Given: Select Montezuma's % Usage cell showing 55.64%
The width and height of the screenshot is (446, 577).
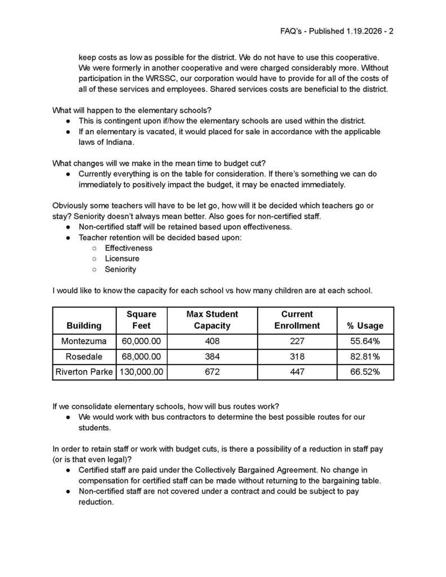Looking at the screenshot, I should tap(365, 341).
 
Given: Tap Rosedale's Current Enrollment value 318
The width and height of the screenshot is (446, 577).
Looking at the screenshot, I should tap(297, 357).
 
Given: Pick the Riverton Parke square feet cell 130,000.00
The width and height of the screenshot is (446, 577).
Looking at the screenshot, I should tap(141, 372).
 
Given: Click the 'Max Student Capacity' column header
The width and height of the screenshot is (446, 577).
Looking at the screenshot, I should tap(212, 319).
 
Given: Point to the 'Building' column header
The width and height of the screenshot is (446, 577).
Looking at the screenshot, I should tap(84, 326).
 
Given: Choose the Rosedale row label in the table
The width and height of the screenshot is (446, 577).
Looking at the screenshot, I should tap(84, 357).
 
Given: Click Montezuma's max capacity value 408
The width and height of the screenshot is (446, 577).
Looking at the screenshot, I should tap(212, 341).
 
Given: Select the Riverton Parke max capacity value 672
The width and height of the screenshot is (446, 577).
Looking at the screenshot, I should tap(212, 372).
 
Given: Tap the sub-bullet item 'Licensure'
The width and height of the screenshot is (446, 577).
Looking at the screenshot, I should tap(122, 259).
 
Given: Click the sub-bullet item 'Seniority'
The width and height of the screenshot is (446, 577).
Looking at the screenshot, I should tap(120, 269).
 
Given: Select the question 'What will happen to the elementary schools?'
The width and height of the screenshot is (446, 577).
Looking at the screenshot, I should tap(132, 110).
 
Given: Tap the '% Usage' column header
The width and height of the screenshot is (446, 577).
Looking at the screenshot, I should tap(365, 326).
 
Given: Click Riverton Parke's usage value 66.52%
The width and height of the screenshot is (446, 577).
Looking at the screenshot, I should tap(365, 372).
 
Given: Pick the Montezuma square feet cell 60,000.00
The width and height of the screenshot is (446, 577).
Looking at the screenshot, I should tap(141, 341).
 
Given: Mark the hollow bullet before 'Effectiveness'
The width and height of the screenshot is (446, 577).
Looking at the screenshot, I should tap(94, 248).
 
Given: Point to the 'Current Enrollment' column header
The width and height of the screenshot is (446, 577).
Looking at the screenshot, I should tap(297, 319).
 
